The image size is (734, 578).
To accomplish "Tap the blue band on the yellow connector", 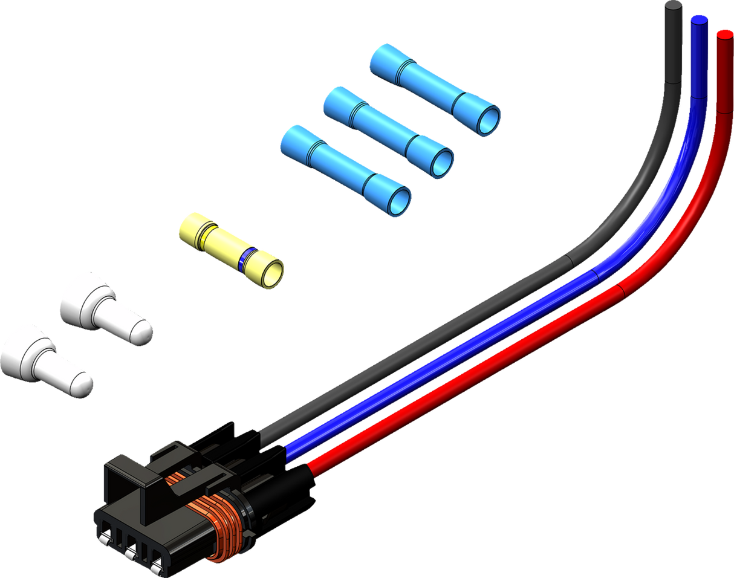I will [244, 259].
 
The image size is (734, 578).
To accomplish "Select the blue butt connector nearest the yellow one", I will [345, 170].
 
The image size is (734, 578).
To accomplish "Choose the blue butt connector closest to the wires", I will [435, 89].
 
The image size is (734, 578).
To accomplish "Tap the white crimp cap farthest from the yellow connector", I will [45, 360].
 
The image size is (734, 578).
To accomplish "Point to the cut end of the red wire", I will [724, 33].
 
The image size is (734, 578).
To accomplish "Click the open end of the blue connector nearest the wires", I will [489, 120].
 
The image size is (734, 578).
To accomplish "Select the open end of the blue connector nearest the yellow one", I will [399, 200].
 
